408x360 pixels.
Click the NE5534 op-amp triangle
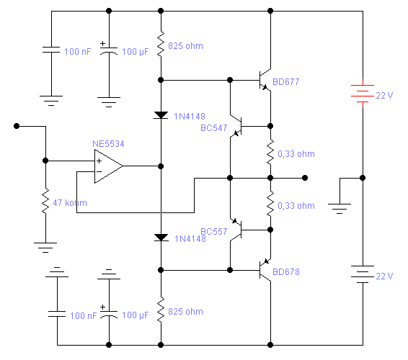coord(109,166)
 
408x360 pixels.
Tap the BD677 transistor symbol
coord(265,81)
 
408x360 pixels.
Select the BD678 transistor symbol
coord(265,270)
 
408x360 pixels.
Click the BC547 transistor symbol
coord(236,126)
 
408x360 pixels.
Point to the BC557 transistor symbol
coord(236,230)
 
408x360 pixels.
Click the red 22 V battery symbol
coord(363,94)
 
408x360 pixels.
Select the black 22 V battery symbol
coord(363,274)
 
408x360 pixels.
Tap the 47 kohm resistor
coord(45,201)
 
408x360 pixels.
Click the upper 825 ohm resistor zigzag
coord(161,44)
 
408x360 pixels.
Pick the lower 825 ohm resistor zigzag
coord(161,310)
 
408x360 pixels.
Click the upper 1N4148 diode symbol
coord(161,115)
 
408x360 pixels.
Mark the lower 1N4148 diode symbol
coord(161,238)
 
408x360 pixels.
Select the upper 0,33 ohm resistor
coord(270,152)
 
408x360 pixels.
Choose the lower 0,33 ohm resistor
coord(270,204)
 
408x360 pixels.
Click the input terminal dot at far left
coord(17,126)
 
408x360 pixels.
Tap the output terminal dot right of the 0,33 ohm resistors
coord(305,178)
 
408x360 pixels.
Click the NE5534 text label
coord(108,144)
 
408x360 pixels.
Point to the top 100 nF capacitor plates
coord(51,50)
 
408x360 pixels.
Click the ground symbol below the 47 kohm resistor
coord(45,248)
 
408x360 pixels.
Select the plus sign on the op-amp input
coord(99,161)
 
